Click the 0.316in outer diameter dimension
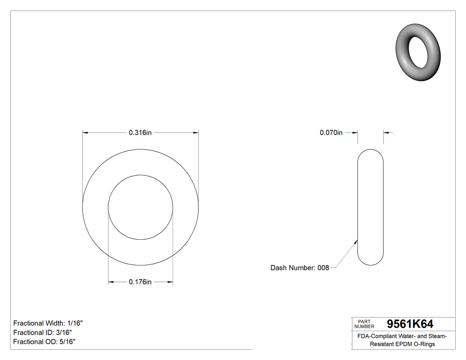[140, 132]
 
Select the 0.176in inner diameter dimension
[140, 282]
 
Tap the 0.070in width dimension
[331, 132]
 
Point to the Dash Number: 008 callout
[300, 268]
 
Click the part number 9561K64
[410, 324]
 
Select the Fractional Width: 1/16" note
[48, 323]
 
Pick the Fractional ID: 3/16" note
[43, 332]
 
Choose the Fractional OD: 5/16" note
[44, 342]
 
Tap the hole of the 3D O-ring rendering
[418, 52]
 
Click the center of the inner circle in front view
[141, 207]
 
